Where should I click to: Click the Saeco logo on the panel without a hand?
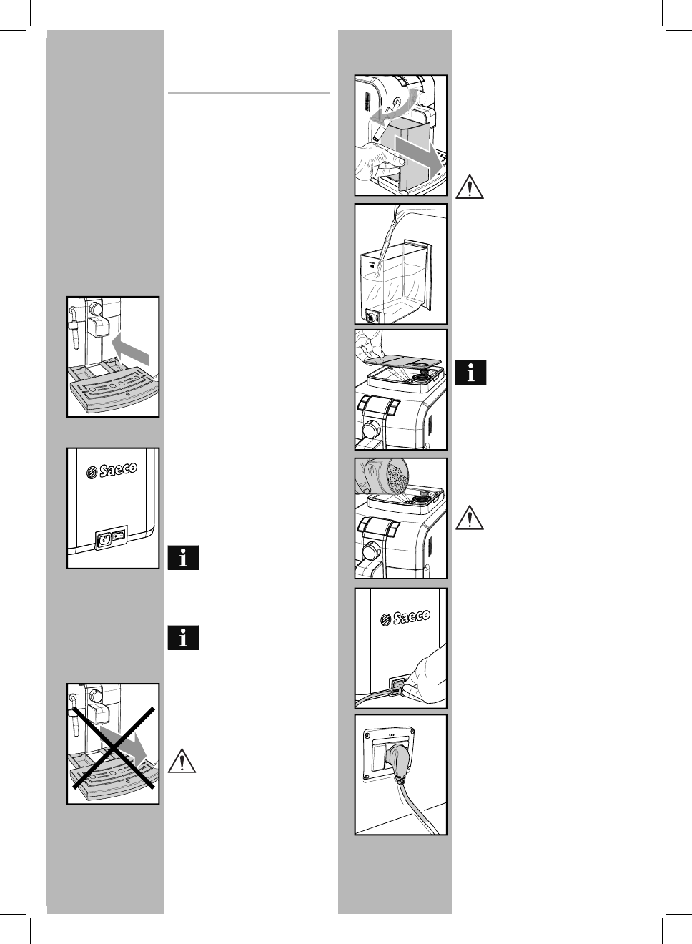click(x=112, y=471)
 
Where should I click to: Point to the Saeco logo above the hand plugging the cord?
click(x=405, y=616)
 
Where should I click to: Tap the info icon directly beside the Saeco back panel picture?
click(x=183, y=558)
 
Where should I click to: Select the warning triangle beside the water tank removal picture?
click(x=468, y=187)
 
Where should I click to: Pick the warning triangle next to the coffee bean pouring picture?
click(x=469, y=517)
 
